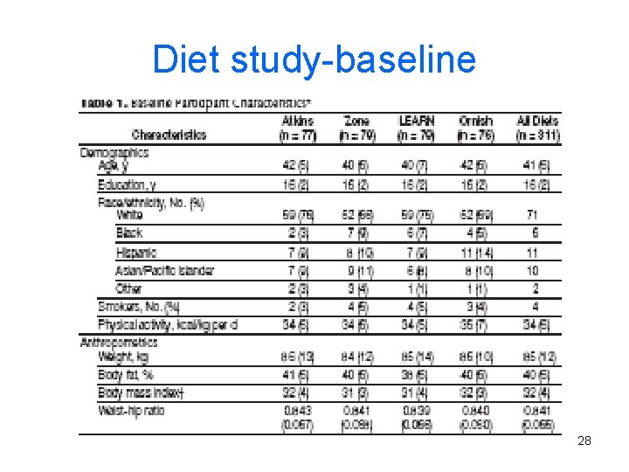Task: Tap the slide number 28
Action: click(x=584, y=441)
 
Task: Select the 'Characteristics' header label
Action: click(x=169, y=135)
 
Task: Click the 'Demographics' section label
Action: click(x=114, y=152)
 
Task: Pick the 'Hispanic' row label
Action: click(x=136, y=253)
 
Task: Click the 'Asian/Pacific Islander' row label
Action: click(x=165, y=270)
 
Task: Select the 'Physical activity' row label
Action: click(x=168, y=325)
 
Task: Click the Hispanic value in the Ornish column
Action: click(x=475, y=253)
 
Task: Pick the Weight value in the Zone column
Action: click(x=356, y=357)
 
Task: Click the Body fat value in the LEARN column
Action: click(x=416, y=375)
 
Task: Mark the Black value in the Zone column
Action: click(x=356, y=233)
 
